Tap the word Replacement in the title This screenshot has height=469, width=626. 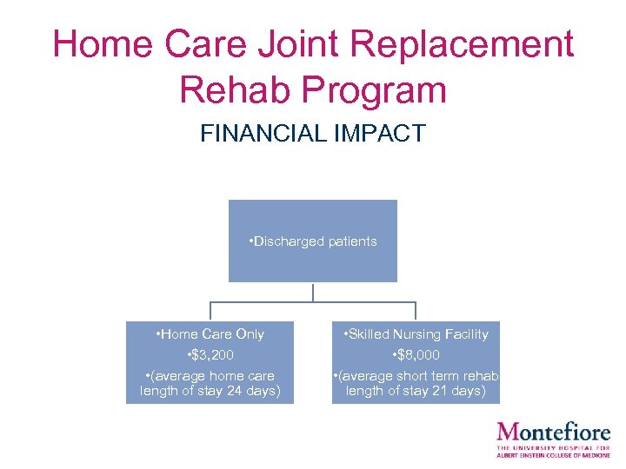pyautogui.click(x=457, y=44)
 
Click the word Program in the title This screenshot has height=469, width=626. pyautogui.click(x=379, y=89)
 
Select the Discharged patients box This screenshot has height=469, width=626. pyautogui.click(x=312, y=241)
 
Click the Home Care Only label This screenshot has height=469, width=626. pyautogui.click(x=210, y=334)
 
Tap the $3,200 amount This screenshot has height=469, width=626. pyautogui.click(x=210, y=355)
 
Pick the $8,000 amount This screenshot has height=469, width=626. pyautogui.click(x=416, y=355)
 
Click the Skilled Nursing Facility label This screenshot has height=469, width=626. pyautogui.click(x=416, y=334)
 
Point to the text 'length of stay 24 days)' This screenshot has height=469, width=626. pyautogui.click(x=210, y=392)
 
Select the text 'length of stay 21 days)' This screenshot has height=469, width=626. pyautogui.click(x=416, y=392)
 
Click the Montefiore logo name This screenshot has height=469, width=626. pyautogui.click(x=553, y=432)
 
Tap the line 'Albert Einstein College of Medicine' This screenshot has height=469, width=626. pyautogui.click(x=553, y=455)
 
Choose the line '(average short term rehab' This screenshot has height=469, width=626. pyautogui.click(x=416, y=376)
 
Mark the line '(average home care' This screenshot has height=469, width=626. pyautogui.click(x=210, y=376)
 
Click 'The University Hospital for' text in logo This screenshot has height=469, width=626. pyautogui.click(x=553, y=447)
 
